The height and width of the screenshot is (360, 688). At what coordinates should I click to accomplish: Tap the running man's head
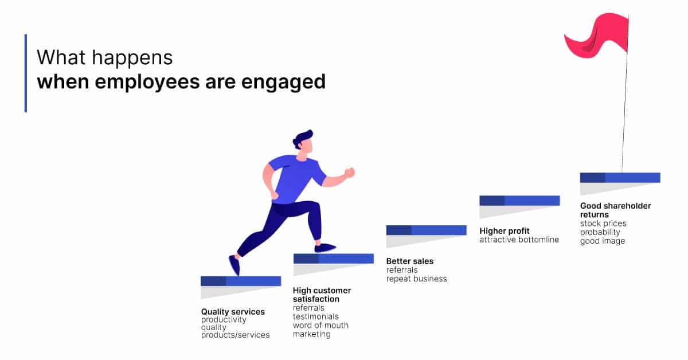[x=304, y=143]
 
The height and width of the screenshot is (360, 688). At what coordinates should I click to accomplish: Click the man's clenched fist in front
[x=349, y=173]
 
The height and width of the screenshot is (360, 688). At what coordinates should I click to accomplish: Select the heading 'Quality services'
[x=233, y=312]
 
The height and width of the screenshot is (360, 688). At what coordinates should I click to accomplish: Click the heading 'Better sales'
[x=409, y=261]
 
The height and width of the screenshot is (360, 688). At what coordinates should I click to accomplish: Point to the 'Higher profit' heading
[x=505, y=231]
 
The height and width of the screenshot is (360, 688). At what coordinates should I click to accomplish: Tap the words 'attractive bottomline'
[x=519, y=240]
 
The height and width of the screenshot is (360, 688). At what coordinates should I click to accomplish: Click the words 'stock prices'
[x=603, y=224]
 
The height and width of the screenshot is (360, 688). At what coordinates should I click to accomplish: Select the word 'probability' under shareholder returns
[x=600, y=232]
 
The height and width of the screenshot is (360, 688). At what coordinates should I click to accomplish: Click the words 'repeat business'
[x=416, y=279]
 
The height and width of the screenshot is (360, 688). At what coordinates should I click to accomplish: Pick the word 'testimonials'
[x=315, y=316]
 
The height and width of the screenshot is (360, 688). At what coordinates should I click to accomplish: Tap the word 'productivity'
[x=224, y=320]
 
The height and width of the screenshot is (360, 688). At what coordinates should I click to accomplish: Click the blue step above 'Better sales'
[x=426, y=230]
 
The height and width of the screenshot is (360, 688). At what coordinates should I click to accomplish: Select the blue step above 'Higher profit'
[x=519, y=200]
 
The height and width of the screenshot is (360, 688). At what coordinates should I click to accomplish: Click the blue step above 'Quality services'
[x=241, y=281]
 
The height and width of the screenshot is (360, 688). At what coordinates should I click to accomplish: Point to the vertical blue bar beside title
[x=26, y=73]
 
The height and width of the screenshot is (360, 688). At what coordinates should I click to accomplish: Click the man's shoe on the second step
[x=325, y=248]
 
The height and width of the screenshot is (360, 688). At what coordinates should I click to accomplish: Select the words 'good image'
[x=603, y=241]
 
